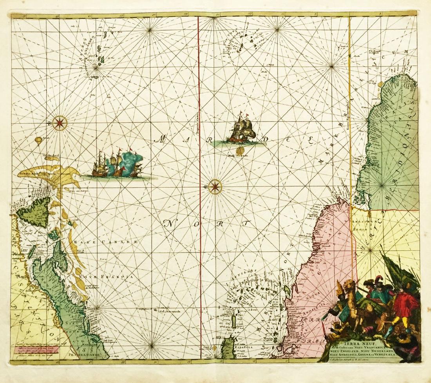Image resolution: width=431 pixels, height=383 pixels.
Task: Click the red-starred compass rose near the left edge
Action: tap(60, 123)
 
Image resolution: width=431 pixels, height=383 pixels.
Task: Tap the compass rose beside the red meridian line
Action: tap(215, 187)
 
